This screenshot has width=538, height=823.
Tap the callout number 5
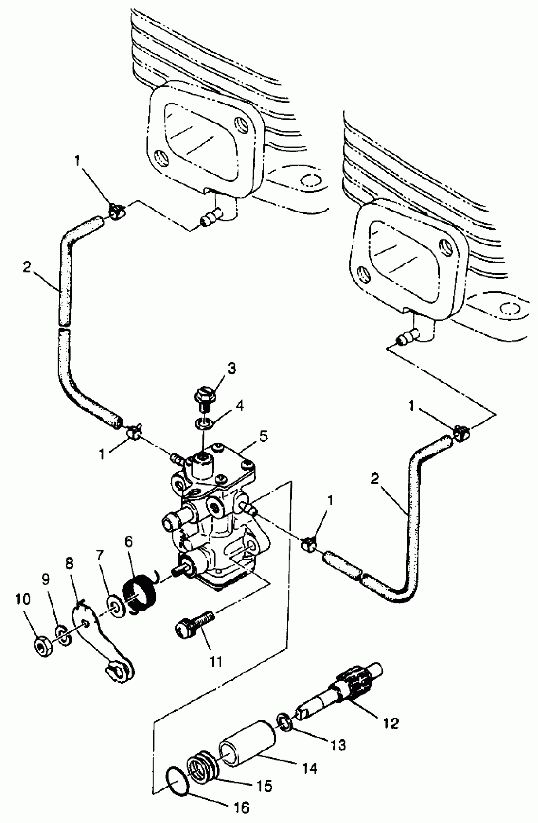[x=263, y=436]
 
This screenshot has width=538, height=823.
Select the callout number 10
[x=23, y=600]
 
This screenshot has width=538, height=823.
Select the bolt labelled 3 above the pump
[x=205, y=398]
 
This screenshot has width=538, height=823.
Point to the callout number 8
[x=69, y=564]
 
